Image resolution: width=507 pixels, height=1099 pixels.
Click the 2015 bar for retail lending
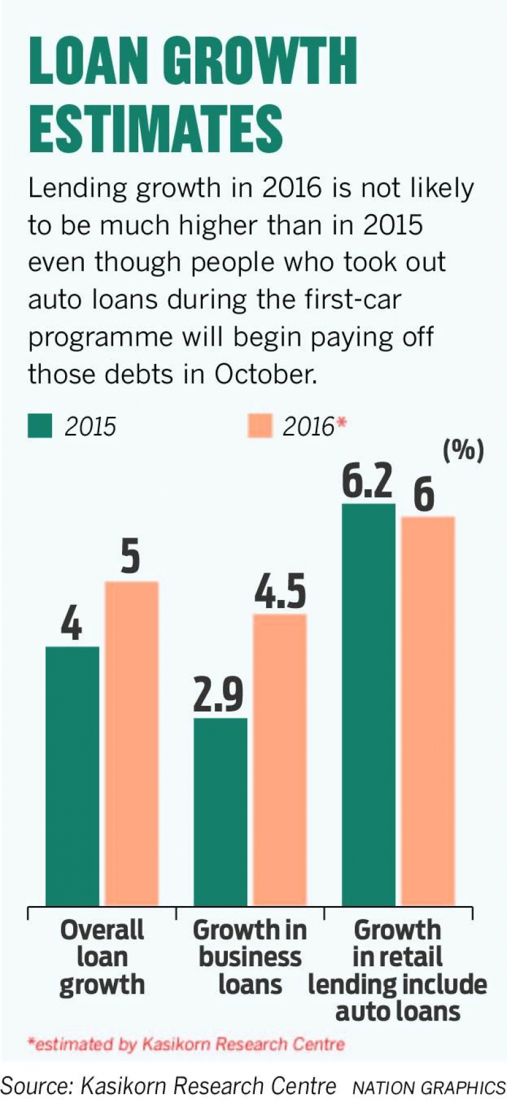pos(369,704)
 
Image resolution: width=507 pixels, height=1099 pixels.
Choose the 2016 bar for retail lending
pos(428,710)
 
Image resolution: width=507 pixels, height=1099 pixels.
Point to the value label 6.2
pos(367,481)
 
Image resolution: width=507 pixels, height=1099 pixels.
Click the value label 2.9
pos(218,694)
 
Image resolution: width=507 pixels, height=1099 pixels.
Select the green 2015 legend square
pos(40,426)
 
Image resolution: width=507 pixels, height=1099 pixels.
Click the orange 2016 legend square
pos(260,426)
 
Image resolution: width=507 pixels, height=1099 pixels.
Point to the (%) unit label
pos(463,450)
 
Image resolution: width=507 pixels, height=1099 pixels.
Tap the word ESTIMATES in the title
pos(156,128)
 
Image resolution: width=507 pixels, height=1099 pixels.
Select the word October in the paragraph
pos(265,374)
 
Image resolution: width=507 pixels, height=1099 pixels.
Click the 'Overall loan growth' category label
pos(102,956)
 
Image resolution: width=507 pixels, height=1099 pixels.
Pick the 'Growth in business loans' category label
pos(250,956)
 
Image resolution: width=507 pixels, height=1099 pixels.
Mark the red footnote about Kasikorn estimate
pos(186,1044)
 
